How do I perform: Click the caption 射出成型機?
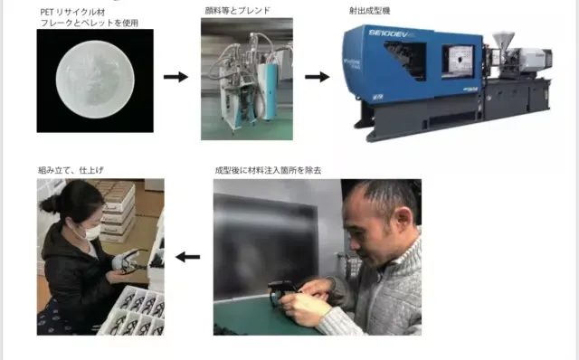370,11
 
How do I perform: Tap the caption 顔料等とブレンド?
237,11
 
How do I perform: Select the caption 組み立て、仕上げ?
71,170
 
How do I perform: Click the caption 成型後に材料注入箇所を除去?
268,170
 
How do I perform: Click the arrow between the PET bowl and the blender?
176,77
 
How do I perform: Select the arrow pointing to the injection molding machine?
317,77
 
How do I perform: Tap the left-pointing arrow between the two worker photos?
188,257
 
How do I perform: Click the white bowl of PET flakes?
95,79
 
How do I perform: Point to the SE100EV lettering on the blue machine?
388,34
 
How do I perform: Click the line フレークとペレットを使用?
90,23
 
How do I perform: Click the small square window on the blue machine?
459,61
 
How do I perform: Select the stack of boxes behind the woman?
118,211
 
